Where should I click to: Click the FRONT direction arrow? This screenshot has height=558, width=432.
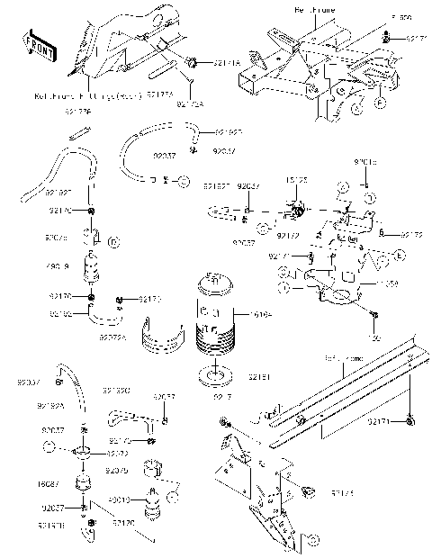tap(39, 50)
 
